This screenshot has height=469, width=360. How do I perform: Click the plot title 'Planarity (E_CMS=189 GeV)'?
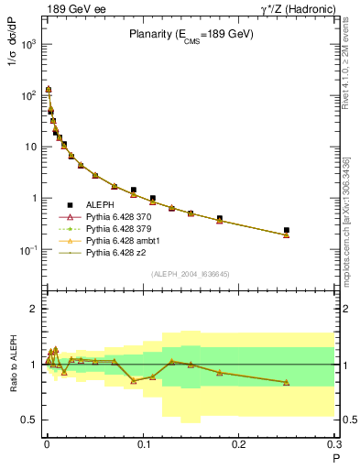190,34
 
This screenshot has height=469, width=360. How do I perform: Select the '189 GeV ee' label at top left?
72,8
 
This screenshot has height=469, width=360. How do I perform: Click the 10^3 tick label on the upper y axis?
27,44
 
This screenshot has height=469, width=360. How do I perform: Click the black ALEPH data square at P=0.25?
287,230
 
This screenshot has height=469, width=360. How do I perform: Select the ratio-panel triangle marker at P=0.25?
287,382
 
